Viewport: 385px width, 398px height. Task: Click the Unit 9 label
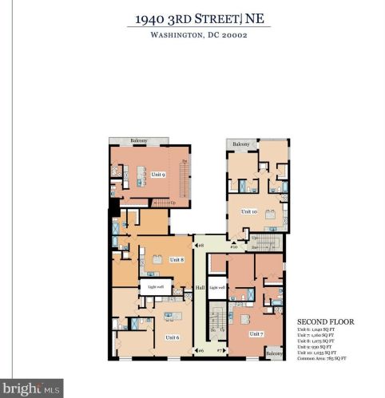[158, 175]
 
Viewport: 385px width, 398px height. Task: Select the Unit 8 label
[177, 259]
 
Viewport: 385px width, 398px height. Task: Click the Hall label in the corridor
[200, 287]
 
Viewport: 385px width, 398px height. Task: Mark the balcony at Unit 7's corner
[274, 353]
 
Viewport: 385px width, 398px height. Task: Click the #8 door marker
[201, 245]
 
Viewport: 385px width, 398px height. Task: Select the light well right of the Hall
[217, 287]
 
